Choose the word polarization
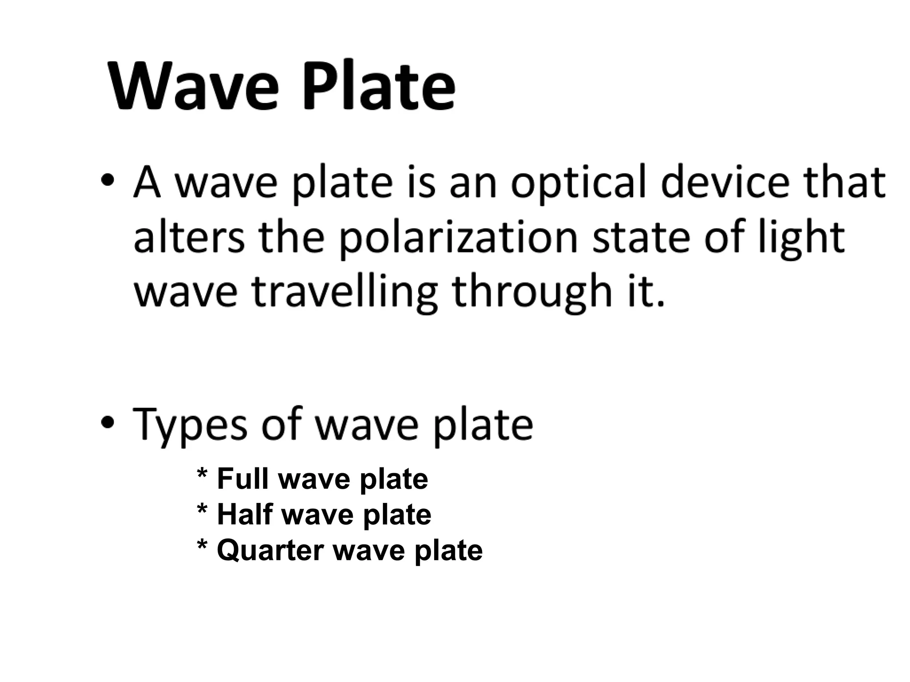[458, 239]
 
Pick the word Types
[189, 424]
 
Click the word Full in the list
[243, 479]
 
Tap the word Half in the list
[244, 514]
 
